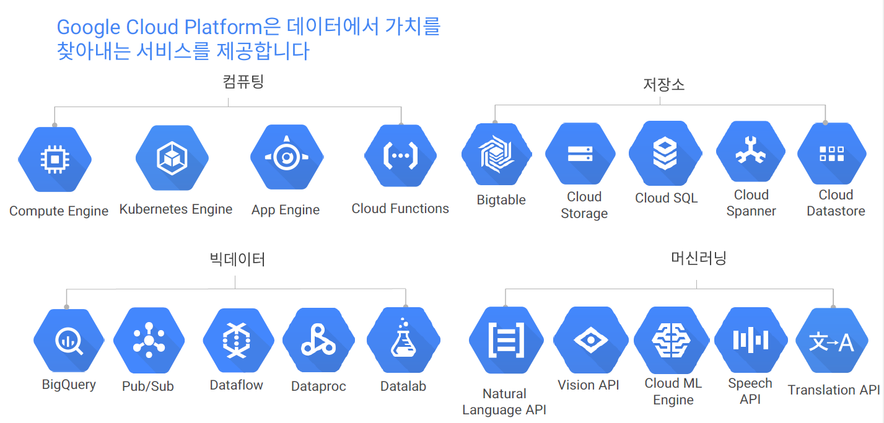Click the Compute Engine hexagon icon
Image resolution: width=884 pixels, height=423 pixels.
(x=55, y=159)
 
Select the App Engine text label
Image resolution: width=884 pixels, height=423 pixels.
(x=286, y=210)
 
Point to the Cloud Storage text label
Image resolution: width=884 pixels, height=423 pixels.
(x=584, y=205)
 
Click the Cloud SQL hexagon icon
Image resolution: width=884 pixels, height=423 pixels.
(x=665, y=154)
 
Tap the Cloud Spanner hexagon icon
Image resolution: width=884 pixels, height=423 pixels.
(x=751, y=153)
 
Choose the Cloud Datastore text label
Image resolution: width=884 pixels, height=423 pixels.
(x=836, y=203)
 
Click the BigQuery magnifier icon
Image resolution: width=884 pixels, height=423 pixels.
(x=69, y=341)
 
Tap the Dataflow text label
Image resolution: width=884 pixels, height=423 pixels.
(x=237, y=385)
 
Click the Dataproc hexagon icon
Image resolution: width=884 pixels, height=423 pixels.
(x=318, y=341)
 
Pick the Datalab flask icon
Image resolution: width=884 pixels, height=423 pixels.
(x=403, y=340)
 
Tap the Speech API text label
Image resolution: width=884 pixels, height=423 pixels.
(x=750, y=391)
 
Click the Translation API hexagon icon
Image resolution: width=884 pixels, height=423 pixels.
(x=831, y=341)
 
